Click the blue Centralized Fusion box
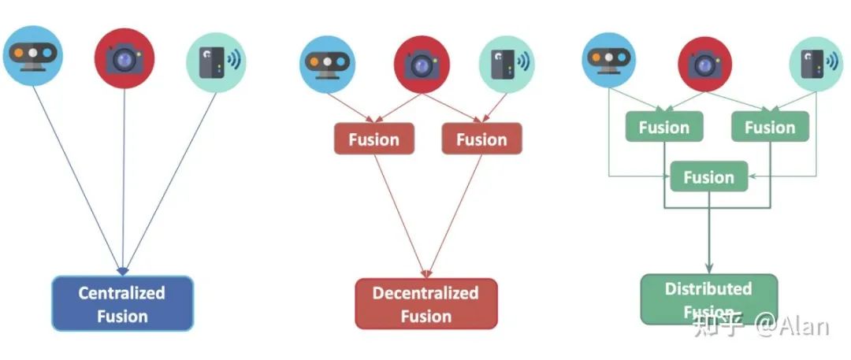pyautogui.click(x=122, y=304)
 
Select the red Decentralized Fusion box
pyautogui.click(x=425, y=304)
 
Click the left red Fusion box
pyautogui.click(x=373, y=139)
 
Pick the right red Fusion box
pyautogui.click(x=481, y=139)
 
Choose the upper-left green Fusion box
pyautogui.click(x=663, y=127)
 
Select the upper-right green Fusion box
pyautogui.click(x=770, y=127)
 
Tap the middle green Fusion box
pyautogui.click(x=708, y=177)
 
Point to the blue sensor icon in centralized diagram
pyautogui.click(x=32, y=56)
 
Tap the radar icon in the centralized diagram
pyautogui.click(x=216, y=62)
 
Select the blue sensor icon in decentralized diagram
pyautogui.click(x=327, y=64)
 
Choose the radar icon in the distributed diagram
pyautogui.click(x=816, y=64)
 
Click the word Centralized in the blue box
pyautogui.click(x=122, y=293)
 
